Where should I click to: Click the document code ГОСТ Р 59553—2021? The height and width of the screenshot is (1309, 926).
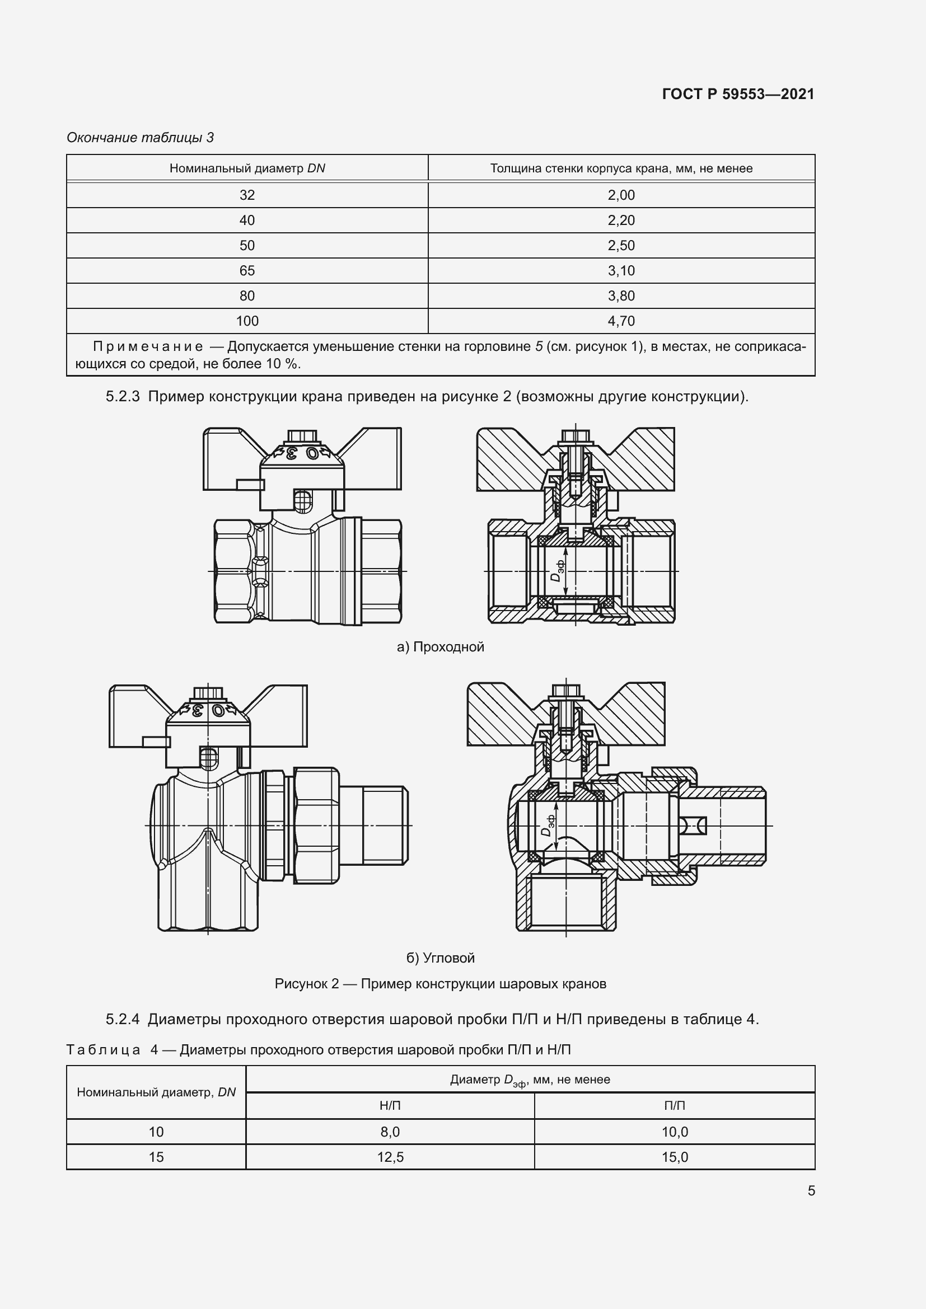pyautogui.click(x=738, y=94)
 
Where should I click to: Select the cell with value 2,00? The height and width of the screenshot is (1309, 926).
pyautogui.click(x=620, y=195)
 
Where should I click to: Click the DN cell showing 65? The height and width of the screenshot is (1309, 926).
pyautogui.click(x=247, y=270)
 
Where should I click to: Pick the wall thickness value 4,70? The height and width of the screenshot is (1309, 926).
pyautogui.click(x=620, y=321)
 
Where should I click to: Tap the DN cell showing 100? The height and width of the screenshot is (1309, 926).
pyautogui.click(x=247, y=321)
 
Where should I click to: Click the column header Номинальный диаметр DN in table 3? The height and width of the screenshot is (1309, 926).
pyautogui.click(x=247, y=168)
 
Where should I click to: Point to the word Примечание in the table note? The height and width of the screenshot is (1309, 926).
pyautogui.click(x=148, y=346)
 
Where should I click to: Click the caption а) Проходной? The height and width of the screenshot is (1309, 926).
pyautogui.click(x=440, y=646)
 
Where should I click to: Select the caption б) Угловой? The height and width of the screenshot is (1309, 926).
pyautogui.click(x=440, y=958)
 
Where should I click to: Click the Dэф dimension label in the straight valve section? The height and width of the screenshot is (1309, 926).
pyautogui.click(x=558, y=570)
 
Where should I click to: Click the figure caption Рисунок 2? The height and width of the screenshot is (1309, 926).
pyautogui.click(x=440, y=983)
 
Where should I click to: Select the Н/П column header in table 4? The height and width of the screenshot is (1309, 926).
pyautogui.click(x=390, y=1105)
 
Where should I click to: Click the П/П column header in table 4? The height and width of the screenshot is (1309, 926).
pyautogui.click(x=675, y=1105)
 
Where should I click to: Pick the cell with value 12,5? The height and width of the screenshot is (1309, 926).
pyautogui.click(x=390, y=1157)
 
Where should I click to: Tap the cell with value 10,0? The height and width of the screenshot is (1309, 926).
pyautogui.click(x=675, y=1132)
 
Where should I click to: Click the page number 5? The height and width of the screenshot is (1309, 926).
pyautogui.click(x=811, y=1191)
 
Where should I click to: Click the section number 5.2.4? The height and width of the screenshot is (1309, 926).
pyautogui.click(x=123, y=1019)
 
